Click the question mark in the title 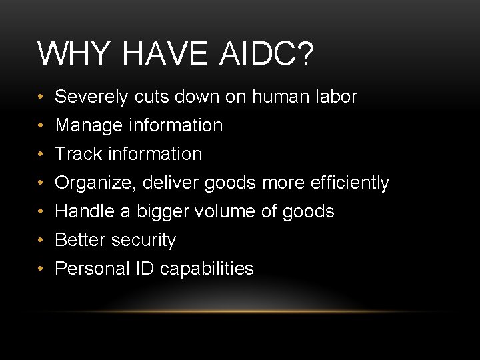(303, 53)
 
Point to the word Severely (91, 97)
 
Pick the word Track (75, 154)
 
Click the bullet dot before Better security (41, 240)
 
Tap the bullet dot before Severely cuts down (41, 97)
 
